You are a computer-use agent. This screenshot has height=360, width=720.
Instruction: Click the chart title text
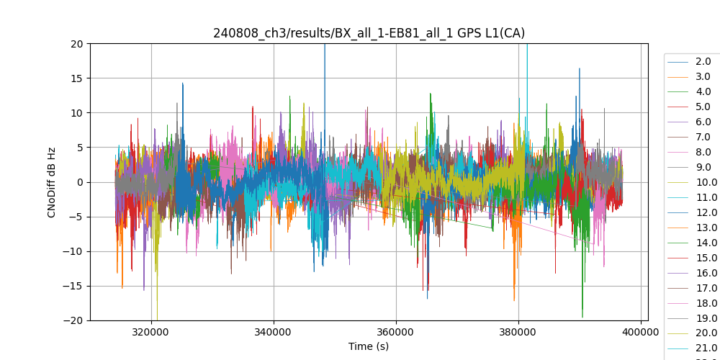pos(369,33)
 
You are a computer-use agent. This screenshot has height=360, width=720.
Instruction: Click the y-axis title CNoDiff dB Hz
pos(52,181)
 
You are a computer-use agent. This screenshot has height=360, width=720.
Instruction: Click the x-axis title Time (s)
pos(369,346)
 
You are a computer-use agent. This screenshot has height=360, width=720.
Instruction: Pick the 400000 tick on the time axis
pos(641,333)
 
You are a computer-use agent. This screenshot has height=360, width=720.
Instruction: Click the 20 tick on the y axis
pos(76,43)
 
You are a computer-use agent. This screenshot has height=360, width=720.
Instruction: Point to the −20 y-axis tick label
pos(73,320)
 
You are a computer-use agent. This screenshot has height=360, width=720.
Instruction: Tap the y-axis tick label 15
pos(76,78)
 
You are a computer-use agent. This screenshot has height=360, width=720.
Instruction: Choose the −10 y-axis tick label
pos(73,251)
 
